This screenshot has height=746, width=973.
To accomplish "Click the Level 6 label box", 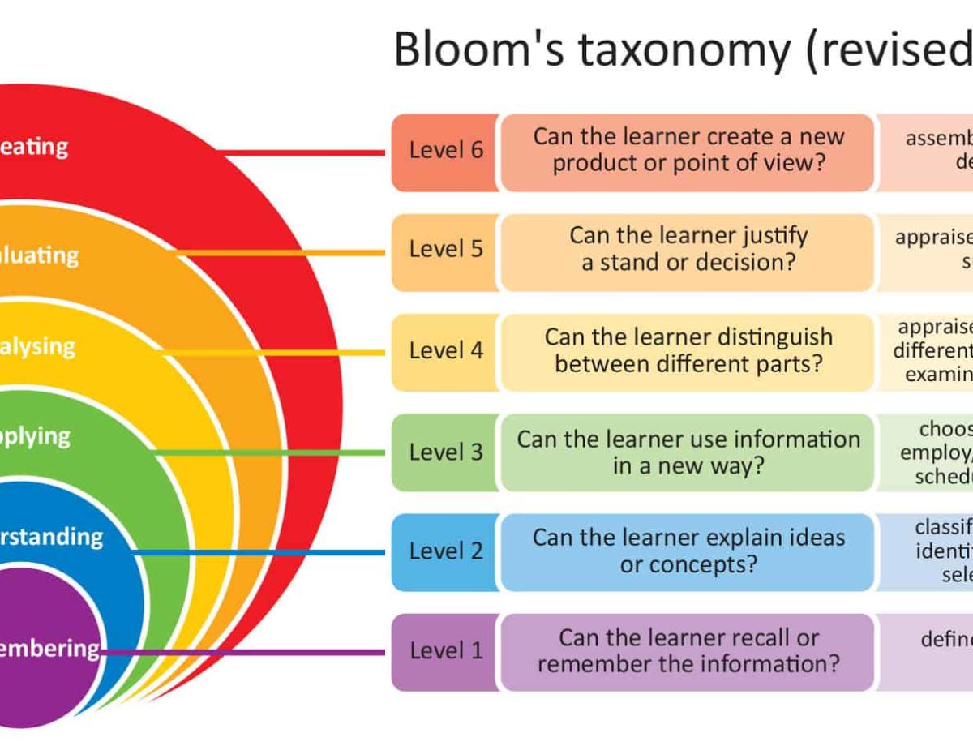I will point(445,152).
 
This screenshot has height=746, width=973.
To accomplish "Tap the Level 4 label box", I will point(445,351).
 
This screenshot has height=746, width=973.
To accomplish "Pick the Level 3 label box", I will point(445,452).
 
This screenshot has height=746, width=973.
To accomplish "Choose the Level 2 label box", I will point(445,551).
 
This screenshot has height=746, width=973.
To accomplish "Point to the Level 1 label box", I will point(445,651).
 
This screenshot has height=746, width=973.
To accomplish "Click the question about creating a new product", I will point(688,152).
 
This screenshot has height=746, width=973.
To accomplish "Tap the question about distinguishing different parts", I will point(688,351).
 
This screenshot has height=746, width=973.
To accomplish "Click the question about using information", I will point(688,452).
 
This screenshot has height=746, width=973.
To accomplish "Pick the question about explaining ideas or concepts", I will point(688,551).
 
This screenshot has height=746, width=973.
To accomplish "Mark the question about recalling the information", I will point(688,651).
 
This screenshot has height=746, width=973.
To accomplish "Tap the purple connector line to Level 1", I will point(243,652).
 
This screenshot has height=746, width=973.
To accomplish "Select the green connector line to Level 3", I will point(268,452).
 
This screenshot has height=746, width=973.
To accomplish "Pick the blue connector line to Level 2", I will point(259,552).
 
